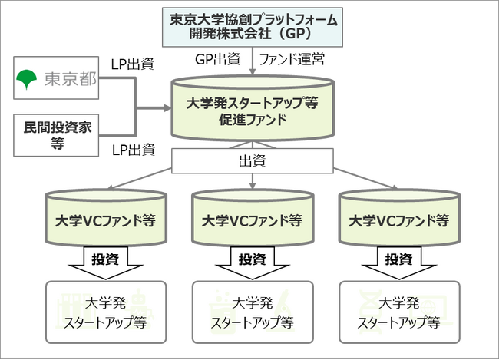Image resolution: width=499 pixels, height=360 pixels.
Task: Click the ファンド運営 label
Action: click(x=292, y=58)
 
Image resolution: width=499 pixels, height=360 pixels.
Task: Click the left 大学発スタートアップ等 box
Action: click(x=105, y=311)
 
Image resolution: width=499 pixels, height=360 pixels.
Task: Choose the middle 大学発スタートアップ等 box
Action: click(x=253, y=311)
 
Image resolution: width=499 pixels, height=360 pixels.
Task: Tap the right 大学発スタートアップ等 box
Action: click(x=399, y=311)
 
